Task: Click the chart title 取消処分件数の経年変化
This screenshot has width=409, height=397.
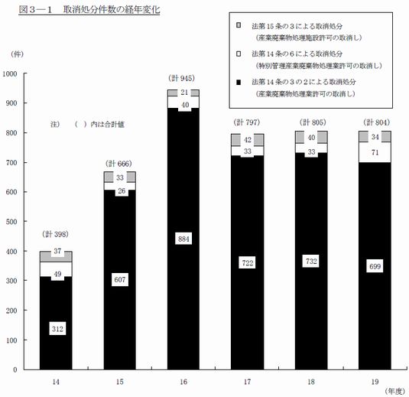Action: coord(112,10)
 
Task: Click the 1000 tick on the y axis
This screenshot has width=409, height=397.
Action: coord(10,74)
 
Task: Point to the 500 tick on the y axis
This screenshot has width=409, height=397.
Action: coord(11,222)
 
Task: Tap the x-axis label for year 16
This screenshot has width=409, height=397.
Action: coord(183,382)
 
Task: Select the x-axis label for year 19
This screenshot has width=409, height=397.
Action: coord(375,382)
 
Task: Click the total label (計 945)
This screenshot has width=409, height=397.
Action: coord(181,78)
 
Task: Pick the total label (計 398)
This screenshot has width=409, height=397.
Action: coord(55,234)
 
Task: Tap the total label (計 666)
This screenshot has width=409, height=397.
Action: coord(119,164)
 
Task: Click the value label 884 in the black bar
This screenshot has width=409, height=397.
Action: coord(183,239)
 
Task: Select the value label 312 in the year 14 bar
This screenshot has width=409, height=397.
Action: coord(57,329)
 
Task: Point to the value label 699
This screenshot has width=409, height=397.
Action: coord(375,266)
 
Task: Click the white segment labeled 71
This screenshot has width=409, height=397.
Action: coord(375,152)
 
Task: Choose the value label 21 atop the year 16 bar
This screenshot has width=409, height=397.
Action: coord(184,92)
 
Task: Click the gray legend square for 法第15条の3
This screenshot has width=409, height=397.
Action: coord(239,25)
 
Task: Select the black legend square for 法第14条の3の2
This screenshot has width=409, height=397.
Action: coord(239,83)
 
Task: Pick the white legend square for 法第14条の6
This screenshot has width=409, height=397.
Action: coord(239,54)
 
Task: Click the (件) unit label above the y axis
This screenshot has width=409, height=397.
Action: coord(17,54)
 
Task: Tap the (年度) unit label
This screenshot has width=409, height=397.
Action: coord(394,391)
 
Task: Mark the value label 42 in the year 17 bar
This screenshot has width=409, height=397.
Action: coord(248,140)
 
